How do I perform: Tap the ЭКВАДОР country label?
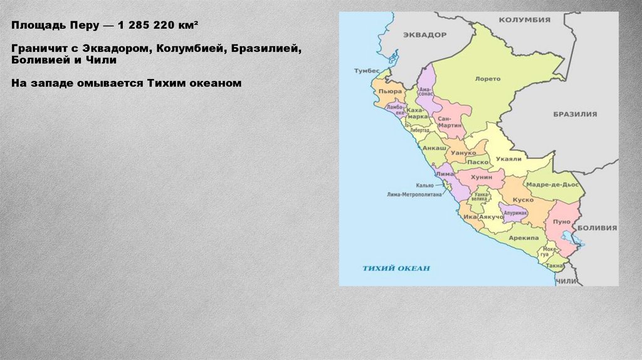coord(424,34)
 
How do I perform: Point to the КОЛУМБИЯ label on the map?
coord(524,19)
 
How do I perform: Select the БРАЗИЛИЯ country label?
coord(575,114)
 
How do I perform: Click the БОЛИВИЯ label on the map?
coord(597,228)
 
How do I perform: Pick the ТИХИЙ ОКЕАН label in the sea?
coord(396,268)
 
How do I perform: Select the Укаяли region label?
coord(508,159)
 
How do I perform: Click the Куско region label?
coord(523,199)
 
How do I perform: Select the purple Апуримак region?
coord(513,212)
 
